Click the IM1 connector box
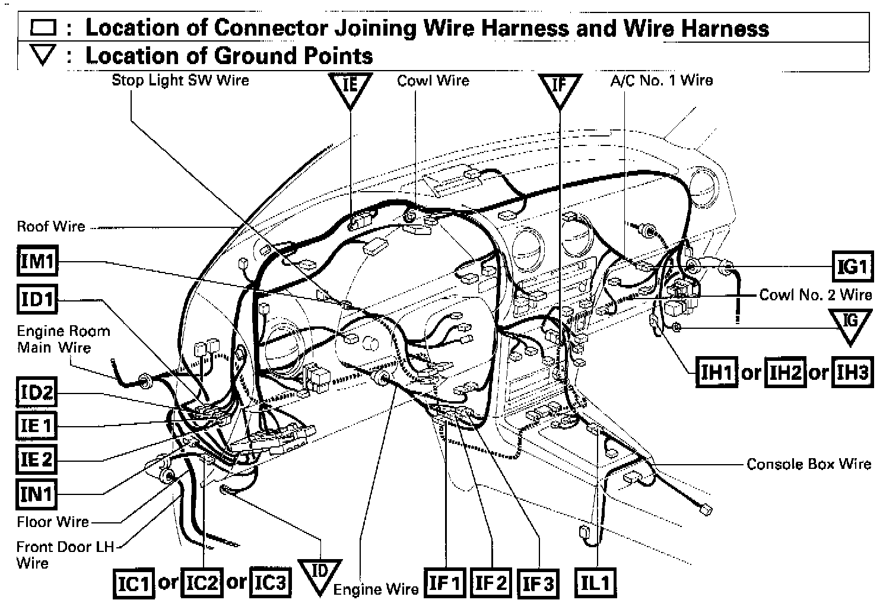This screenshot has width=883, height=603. (37, 261)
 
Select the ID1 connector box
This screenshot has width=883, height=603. (37, 300)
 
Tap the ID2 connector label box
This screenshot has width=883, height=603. (37, 393)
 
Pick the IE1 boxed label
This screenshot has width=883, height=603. (37, 426)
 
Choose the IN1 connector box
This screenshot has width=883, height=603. (37, 493)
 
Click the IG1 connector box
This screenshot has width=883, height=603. (852, 266)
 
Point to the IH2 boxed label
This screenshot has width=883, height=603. (785, 373)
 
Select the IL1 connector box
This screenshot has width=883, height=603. (595, 583)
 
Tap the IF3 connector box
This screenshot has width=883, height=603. (538, 584)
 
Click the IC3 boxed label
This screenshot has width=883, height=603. (270, 583)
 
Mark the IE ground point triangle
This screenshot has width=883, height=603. (350, 87)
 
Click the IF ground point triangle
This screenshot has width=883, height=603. (559, 87)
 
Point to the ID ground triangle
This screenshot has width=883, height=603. (320, 575)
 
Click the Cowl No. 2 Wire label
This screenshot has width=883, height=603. (815, 295)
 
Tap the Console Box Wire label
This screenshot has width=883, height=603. (808, 464)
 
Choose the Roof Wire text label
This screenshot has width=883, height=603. (51, 226)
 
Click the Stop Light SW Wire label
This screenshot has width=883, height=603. (180, 80)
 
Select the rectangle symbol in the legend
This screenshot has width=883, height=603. (43, 28)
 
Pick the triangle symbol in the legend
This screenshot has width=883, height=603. (43, 56)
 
